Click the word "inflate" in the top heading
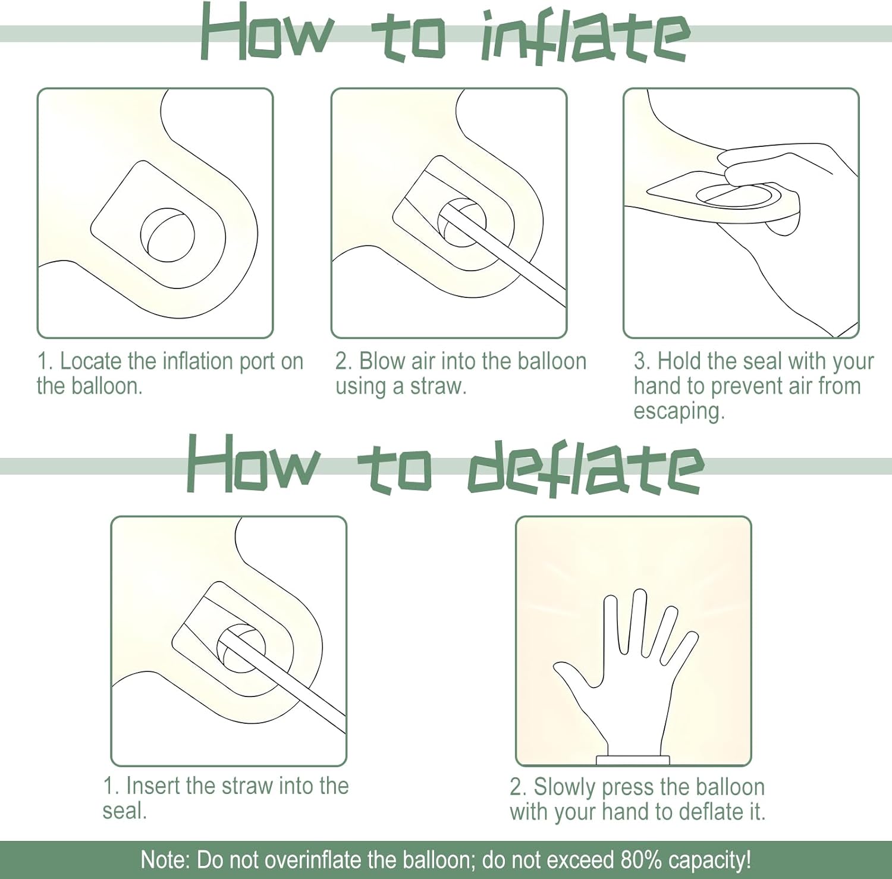tap(585, 37)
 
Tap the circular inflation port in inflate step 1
tap(167, 235)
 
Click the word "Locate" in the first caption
tap(92, 361)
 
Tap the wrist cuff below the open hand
tap(633, 760)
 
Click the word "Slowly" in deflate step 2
tap(564, 787)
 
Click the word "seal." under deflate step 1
tap(124, 811)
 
